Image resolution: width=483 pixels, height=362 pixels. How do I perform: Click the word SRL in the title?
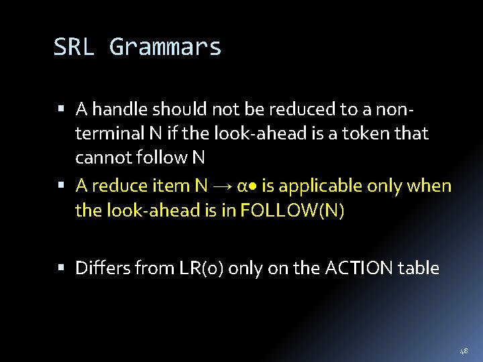click(74, 47)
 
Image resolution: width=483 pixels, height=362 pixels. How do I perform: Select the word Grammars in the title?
click(165, 48)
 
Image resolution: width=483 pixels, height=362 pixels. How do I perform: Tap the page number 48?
click(464, 351)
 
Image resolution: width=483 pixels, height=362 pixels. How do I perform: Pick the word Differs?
click(103, 269)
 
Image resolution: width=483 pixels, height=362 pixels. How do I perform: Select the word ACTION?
click(359, 269)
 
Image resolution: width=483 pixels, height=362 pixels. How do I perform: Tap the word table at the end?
click(419, 269)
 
